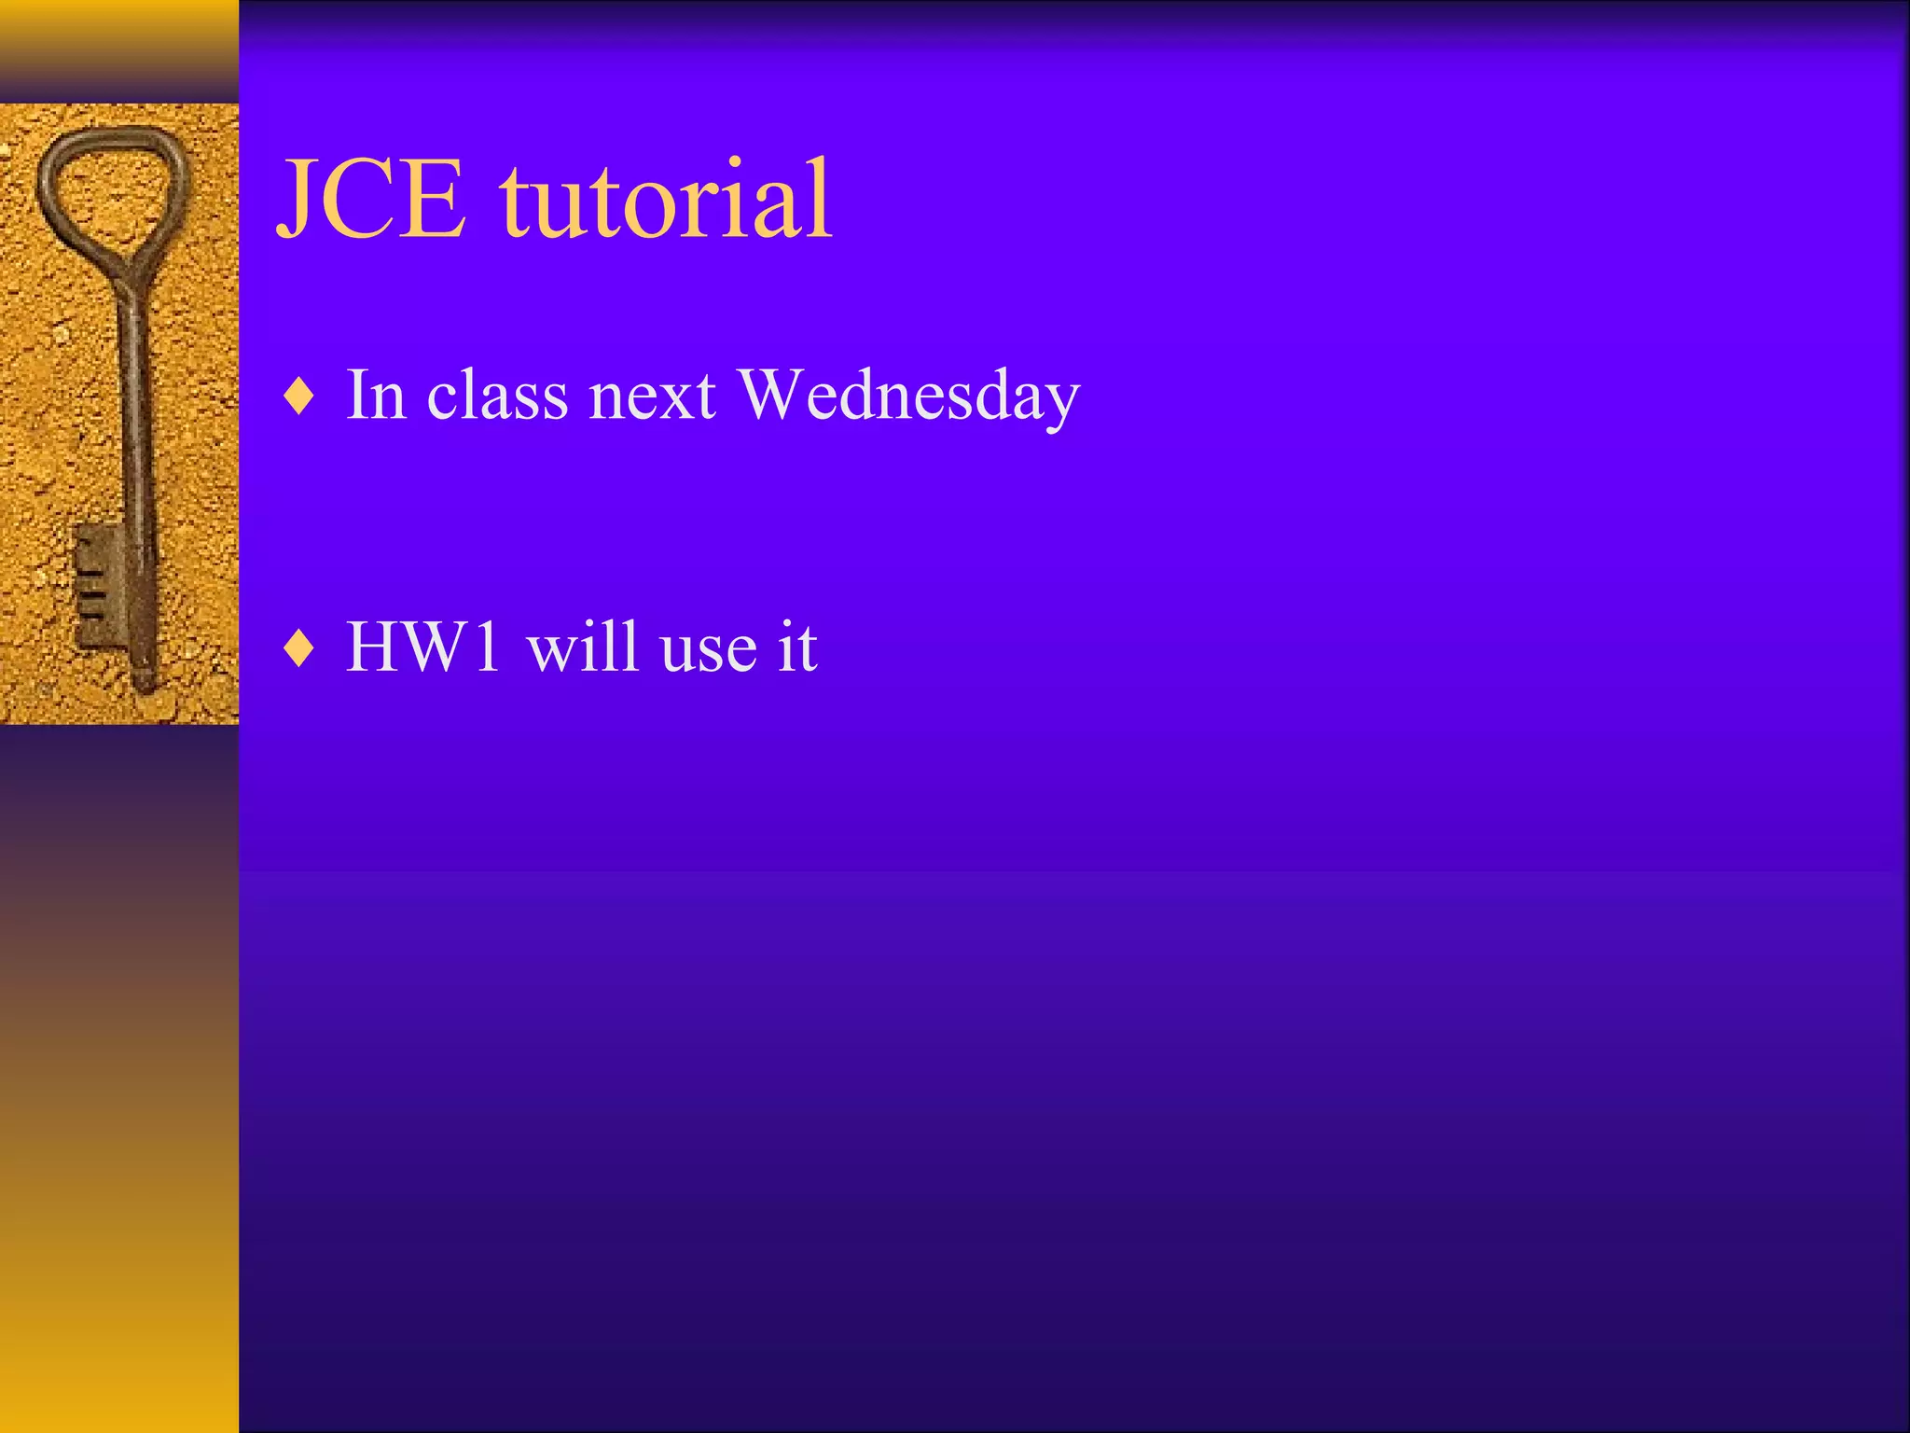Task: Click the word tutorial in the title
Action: point(665,199)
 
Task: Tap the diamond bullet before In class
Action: point(298,397)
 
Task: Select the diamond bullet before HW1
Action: point(298,647)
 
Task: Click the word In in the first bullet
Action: point(376,395)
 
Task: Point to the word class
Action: point(497,395)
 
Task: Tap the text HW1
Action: point(423,646)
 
